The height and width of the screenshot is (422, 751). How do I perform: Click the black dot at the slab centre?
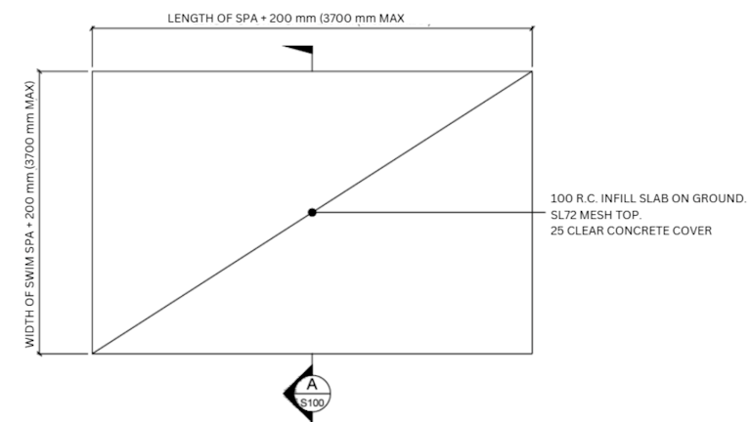pos(312,212)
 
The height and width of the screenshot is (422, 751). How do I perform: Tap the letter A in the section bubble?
pos(312,384)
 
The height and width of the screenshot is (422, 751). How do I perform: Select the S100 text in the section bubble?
pos(312,402)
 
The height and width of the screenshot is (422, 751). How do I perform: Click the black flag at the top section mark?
pos(298,50)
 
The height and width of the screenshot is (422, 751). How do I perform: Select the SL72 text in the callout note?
pos(563,215)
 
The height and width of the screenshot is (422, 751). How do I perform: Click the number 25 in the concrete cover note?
pos(556,231)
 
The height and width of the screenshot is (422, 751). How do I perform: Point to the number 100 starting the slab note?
pos(559,198)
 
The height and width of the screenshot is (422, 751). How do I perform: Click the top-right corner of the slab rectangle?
pos(532,71)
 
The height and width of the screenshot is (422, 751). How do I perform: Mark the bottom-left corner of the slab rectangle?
pos(93,354)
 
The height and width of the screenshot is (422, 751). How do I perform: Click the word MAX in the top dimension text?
pos(392,19)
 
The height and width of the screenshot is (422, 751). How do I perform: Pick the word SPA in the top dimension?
pos(246,19)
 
